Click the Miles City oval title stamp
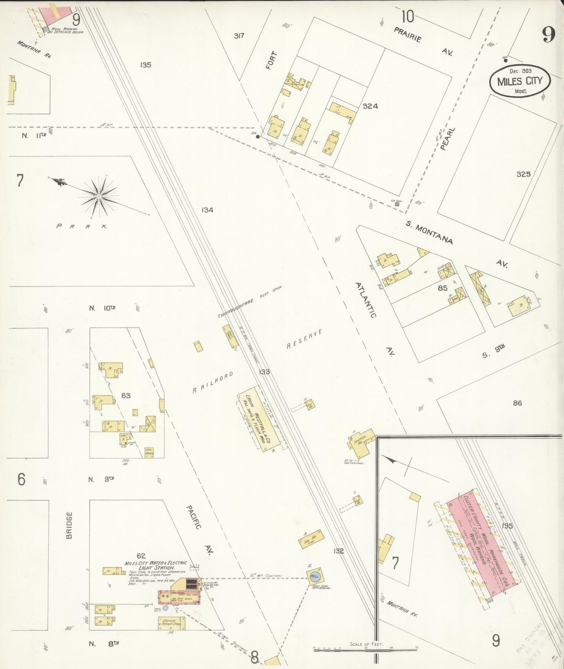click(520, 81)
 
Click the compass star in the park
click(99, 196)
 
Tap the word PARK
click(82, 226)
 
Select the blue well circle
click(314, 576)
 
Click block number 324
click(370, 106)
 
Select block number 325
click(523, 174)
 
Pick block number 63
click(126, 395)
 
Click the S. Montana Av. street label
click(429, 233)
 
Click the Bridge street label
click(69, 525)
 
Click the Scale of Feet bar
click(365, 649)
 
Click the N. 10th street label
click(102, 308)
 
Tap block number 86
click(517, 403)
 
